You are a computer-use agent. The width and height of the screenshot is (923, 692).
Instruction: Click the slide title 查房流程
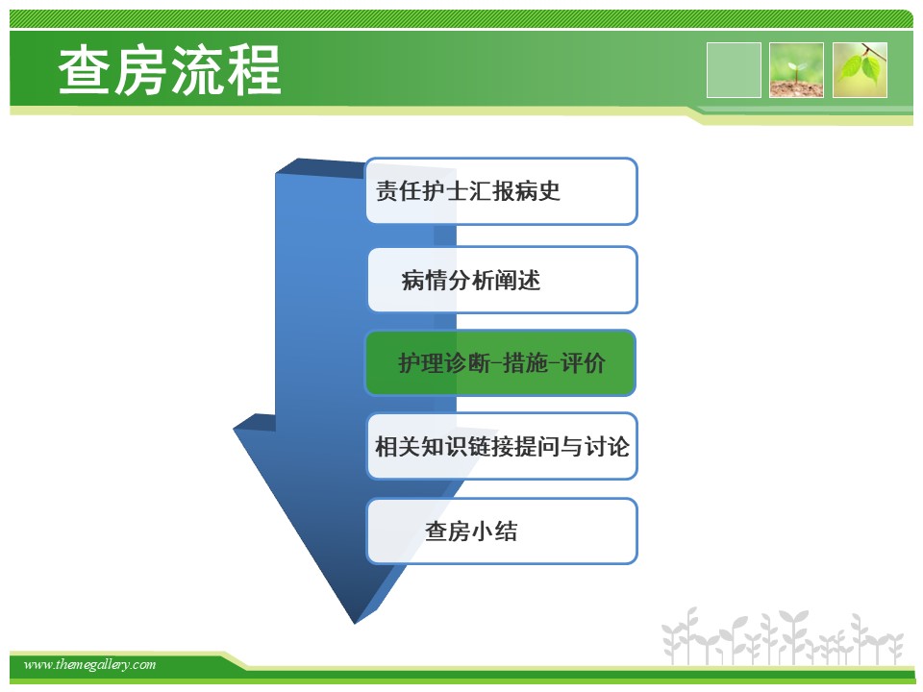pyautogui.click(x=169, y=70)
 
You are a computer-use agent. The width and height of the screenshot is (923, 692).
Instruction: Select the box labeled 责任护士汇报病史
pyautogui.click(x=502, y=191)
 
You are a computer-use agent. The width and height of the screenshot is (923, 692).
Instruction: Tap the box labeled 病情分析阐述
pyautogui.click(x=503, y=280)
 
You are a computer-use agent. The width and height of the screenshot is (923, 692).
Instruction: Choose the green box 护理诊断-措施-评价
pyautogui.click(x=501, y=362)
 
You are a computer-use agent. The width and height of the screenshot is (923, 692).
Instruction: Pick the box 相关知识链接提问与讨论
pyautogui.click(x=502, y=446)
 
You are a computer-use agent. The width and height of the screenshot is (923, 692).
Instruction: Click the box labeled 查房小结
pyautogui.click(x=502, y=531)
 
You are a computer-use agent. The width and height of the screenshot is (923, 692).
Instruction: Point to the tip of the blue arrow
pyautogui.click(x=355, y=623)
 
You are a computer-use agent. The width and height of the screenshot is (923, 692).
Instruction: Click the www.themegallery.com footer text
pyautogui.click(x=89, y=664)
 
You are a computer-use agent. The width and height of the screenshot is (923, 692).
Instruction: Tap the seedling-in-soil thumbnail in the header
pyautogui.click(x=796, y=70)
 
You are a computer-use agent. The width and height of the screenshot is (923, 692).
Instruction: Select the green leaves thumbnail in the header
pyautogui.click(x=860, y=70)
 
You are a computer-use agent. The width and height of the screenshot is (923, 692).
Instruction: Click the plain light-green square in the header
pyautogui.click(x=734, y=70)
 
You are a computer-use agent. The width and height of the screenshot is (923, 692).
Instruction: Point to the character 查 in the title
pyautogui.click(x=85, y=70)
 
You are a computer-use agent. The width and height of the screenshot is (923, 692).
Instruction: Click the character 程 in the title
pyautogui.click(x=254, y=70)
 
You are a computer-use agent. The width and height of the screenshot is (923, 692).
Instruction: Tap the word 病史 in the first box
pyautogui.click(x=537, y=190)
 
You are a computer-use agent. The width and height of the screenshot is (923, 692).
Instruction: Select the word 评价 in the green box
pyautogui.click(x=583, y=362)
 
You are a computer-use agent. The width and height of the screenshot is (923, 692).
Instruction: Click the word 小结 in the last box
pyautogui.click(x=495, y=531)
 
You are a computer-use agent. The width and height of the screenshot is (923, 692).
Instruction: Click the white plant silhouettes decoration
pyautogui.click(x=782, y=636)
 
